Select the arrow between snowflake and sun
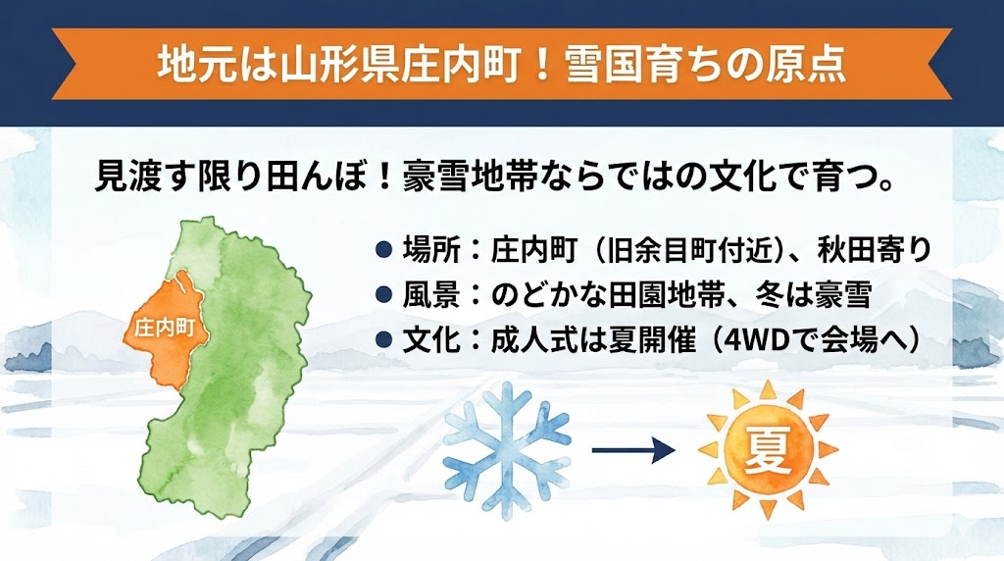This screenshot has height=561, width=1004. (x=633, y=450)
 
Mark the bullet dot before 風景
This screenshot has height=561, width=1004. (x=384, y=295)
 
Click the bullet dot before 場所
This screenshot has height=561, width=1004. (x=384, y=251)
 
